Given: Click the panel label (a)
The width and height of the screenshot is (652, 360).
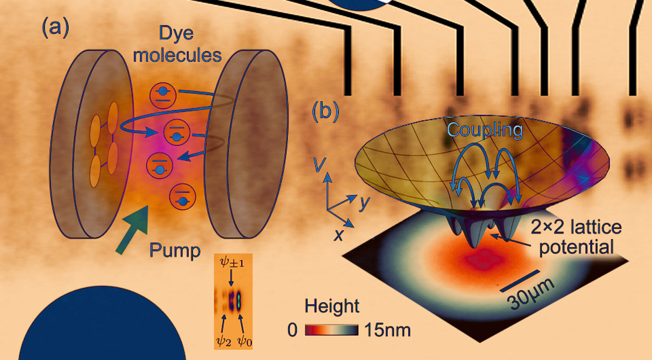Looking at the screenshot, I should [x=56, y=28].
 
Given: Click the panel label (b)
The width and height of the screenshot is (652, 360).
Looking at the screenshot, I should [x=325, y=111].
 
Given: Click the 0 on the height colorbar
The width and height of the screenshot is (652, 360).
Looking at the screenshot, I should [x=292, y=331].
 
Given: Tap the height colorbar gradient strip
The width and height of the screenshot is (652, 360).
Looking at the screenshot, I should [x=333, y=331].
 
